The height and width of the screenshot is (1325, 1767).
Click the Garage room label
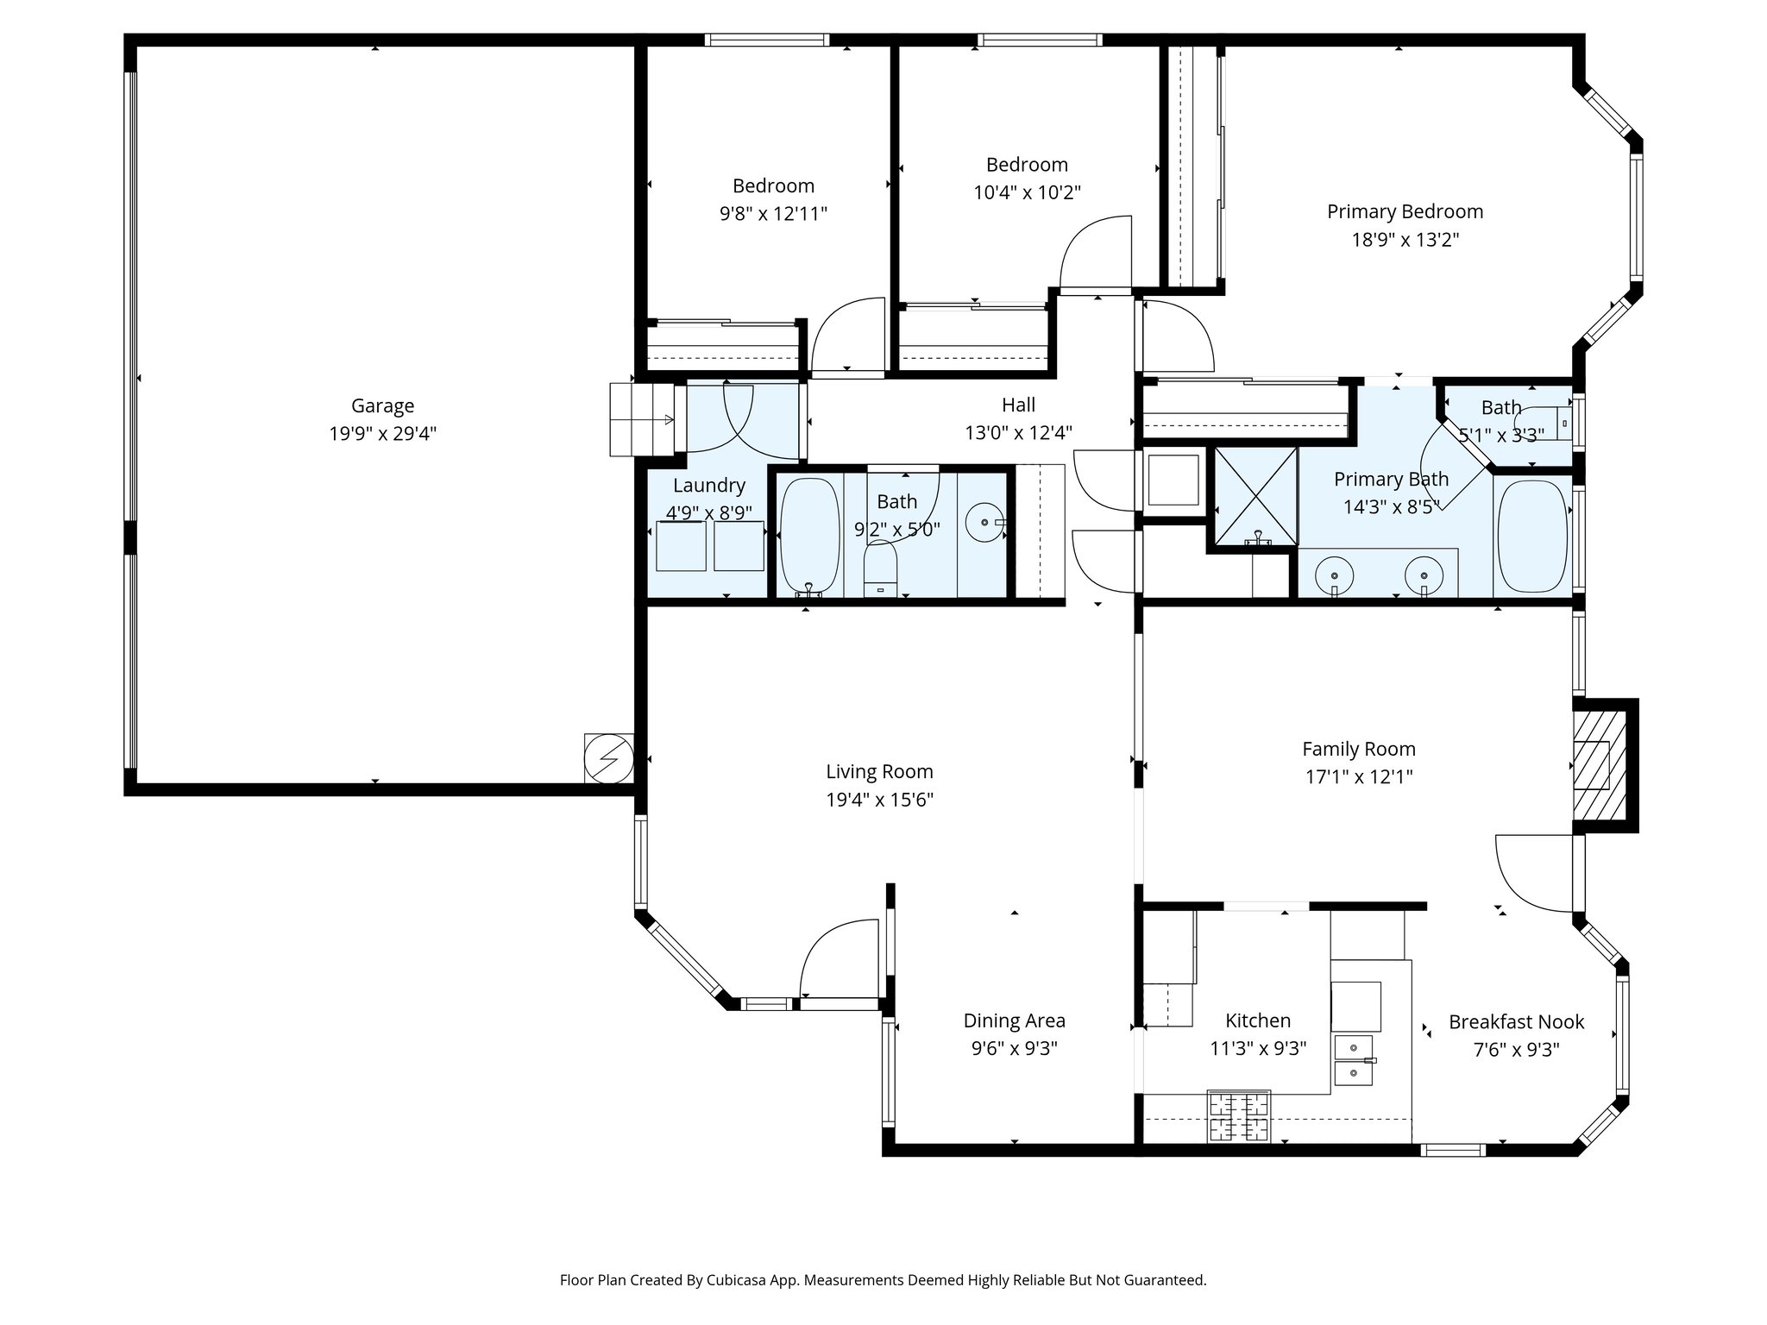(382, 405)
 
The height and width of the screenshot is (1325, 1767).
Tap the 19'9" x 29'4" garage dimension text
(382, 433)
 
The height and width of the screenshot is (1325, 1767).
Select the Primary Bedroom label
(1405, 211)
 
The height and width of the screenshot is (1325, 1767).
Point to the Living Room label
(879, 771)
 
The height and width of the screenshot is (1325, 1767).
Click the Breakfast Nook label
(1516, 1021)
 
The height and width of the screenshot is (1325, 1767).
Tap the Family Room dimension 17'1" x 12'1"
(1359, 776)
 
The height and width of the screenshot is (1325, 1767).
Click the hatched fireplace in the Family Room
(1600, 765)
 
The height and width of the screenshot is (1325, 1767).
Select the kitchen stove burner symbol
(1239, 1116)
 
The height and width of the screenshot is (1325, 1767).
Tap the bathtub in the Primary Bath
(1532, 536)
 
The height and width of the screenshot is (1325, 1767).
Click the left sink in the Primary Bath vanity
(1334, 573)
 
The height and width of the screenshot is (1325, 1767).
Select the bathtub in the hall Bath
(809, 536)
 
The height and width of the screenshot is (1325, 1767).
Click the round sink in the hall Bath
(984, 523)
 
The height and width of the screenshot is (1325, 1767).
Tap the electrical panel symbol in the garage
(609, 758)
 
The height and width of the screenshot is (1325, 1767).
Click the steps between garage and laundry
(641, 419)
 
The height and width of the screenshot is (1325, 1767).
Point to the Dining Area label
(1014, 1020)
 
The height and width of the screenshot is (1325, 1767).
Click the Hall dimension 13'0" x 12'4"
(1018, 432)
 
